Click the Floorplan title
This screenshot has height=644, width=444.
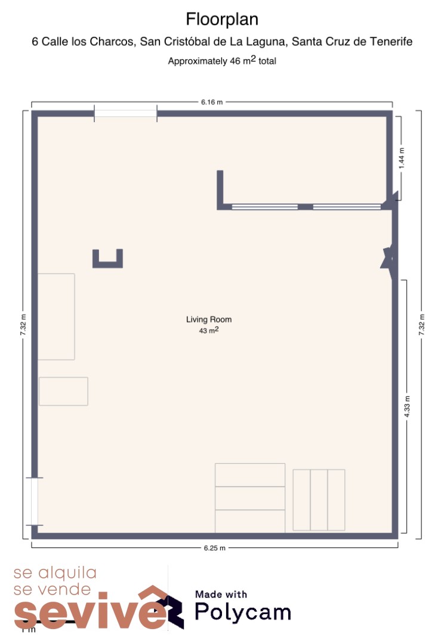coord(222,19)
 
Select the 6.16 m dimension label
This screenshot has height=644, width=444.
coord(212,103)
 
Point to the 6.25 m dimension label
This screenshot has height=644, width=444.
coord(215,548)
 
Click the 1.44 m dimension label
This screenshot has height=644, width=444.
coord(402,157)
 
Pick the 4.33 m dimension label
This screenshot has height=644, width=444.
coord(407,407)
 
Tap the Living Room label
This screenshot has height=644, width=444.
coord(209,320)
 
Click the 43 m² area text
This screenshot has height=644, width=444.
coord(209,330)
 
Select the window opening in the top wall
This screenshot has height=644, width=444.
coord(125,113)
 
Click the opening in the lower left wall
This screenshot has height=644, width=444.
coord(35,501)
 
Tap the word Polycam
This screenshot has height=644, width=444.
coord(243,612)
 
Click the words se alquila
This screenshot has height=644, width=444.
coord(55,572)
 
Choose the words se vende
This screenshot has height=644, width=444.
coord(52,589)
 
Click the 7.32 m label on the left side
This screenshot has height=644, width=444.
coord(23,324)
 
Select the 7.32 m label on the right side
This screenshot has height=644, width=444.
coord(421,324)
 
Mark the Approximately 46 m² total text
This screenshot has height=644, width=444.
coord(222,60)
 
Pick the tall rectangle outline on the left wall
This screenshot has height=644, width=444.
coord(56,317)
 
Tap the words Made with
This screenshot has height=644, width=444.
coord(221,595)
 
